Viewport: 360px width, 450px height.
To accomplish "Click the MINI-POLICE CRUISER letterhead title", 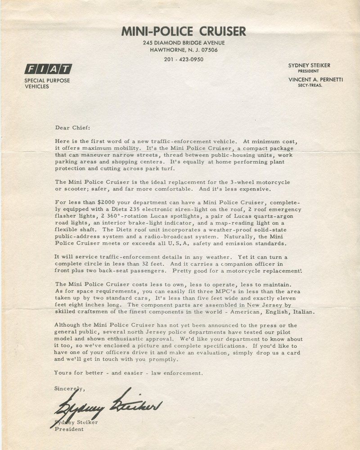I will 184,31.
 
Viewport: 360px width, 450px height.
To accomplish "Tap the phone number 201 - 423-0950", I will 184,59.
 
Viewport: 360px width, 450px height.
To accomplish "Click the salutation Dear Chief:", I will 72,128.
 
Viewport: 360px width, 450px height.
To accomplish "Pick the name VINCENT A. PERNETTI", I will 315,80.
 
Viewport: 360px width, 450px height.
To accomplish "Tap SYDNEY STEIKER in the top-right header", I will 309,66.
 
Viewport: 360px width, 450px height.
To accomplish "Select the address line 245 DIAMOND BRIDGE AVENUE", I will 184,43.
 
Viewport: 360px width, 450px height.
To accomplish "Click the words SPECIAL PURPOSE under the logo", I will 47,81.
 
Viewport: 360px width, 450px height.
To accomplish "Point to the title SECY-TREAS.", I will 310,85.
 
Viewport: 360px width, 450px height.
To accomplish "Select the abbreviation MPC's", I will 211,291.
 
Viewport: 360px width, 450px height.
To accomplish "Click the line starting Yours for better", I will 128,373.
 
